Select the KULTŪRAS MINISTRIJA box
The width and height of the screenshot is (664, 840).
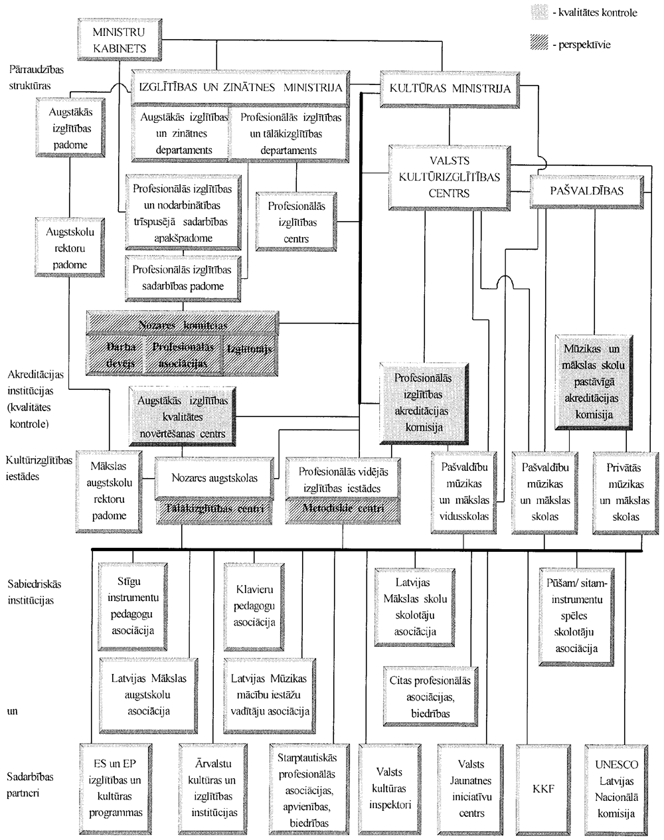[450, 88]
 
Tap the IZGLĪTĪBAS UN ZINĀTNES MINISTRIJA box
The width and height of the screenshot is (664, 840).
[239, 88]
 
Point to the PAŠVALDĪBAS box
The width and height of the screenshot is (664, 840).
[588, 191]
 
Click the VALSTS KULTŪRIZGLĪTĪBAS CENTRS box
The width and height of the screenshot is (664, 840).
[450, 177]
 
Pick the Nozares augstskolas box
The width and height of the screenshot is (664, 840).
[214, 477]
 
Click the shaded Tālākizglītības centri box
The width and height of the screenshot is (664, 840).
[214, 509]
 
